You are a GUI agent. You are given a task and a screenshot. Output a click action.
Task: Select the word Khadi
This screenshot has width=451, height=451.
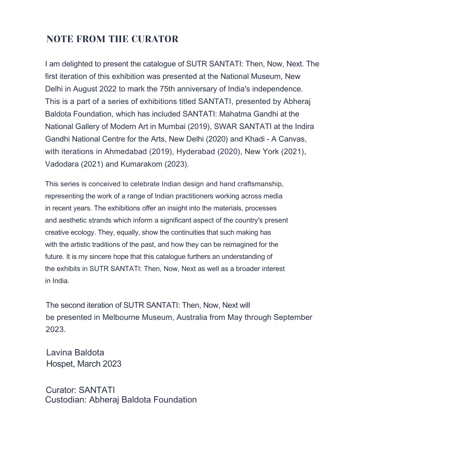point(255,139)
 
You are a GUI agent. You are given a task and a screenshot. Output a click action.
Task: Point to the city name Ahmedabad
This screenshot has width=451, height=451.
point(125,152)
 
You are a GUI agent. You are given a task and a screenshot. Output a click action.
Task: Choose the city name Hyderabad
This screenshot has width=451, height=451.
point(195,152)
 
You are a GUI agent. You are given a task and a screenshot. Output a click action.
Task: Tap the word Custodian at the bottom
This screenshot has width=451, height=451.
point(65,400)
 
